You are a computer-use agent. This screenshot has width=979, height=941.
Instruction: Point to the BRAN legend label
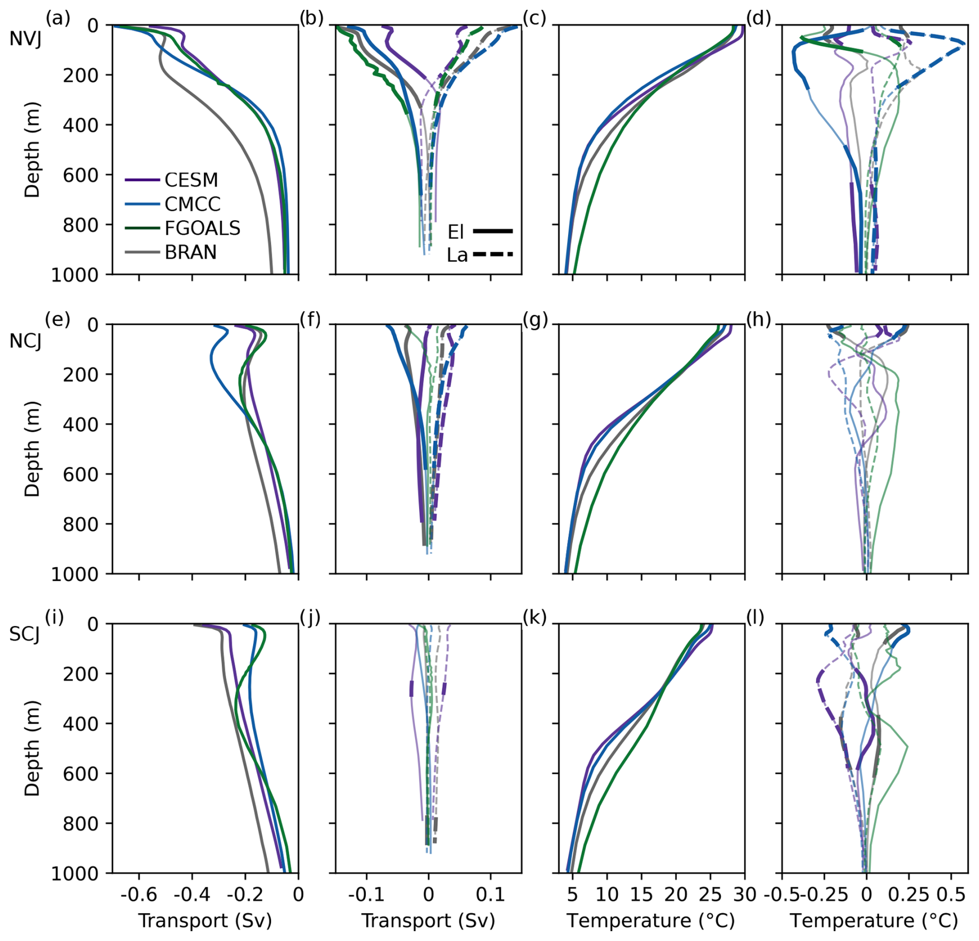click(190, 252)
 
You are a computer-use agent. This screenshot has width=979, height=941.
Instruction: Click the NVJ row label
click(25, 38)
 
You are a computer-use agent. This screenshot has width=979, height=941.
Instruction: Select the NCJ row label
click(25, 341)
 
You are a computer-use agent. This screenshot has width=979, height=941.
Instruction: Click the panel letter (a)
click(57, 19)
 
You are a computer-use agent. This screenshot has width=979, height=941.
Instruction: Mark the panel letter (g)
click(535, 321)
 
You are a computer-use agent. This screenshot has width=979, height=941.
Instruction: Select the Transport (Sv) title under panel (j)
click(428, 921)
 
